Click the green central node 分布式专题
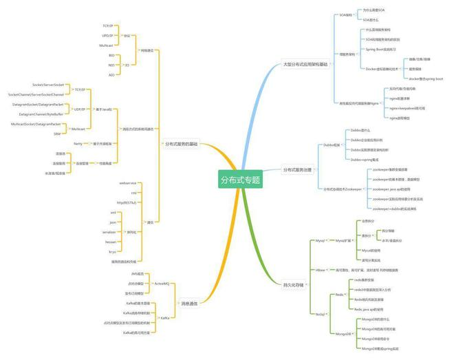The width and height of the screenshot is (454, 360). point(241,180)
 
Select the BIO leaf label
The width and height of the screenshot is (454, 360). point(111,55)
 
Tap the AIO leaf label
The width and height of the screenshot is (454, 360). point(111,74)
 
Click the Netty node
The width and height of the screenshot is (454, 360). point(78,143)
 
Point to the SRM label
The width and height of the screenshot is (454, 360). point(56,134)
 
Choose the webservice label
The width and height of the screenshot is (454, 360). point(127,183)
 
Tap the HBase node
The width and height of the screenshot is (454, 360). point(320,271)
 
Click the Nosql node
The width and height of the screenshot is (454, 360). point(321,314)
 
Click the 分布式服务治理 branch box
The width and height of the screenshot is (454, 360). point(297,169)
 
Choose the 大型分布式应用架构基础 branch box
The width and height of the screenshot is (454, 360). point(305,65)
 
